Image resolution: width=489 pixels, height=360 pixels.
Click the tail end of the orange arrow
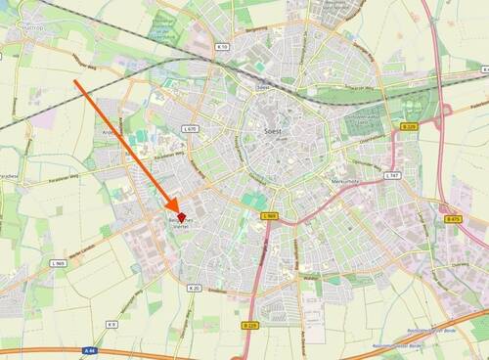coord(75,81)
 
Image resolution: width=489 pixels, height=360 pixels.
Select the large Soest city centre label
coord(273,128)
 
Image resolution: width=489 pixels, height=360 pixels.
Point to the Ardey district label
coord(110,130)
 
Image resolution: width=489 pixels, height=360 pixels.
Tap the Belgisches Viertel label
coord(179,224)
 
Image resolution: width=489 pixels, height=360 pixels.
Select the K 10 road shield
coord(221,46)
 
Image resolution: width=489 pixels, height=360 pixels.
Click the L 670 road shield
coord(190,128)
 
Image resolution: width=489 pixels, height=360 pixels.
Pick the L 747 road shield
coord(392,175)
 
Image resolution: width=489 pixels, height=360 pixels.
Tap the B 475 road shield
coord(453,219)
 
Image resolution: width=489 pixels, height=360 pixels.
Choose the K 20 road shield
coord(194,289)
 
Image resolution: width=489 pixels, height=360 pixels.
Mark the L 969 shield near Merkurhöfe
coord(271,215)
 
